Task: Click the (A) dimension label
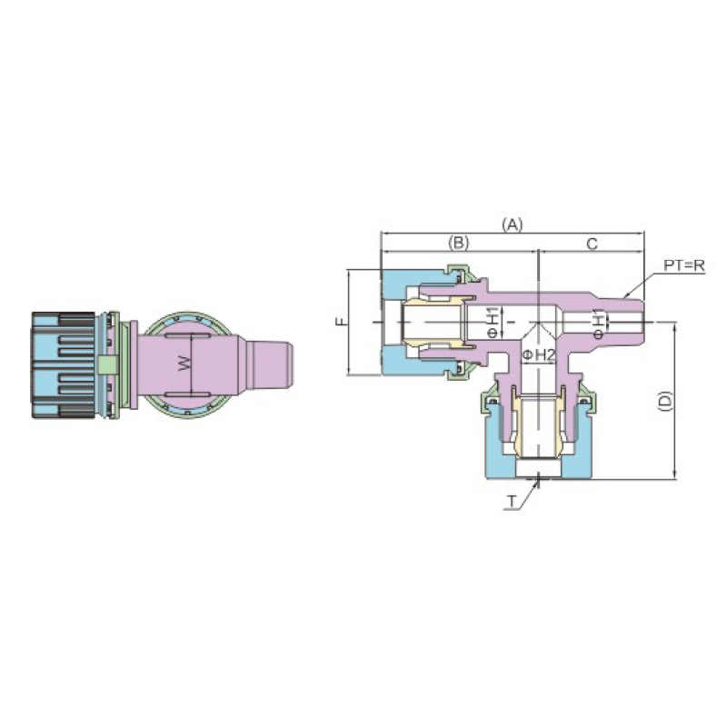click(513, 224)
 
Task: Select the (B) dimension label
click(459, 242)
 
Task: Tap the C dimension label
click(593, 244)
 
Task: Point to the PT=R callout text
click(684, 265)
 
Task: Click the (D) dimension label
click(665, 401)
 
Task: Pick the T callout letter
click(512, 502)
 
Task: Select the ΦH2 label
click(539, 355)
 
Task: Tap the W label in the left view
click(184, 363)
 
